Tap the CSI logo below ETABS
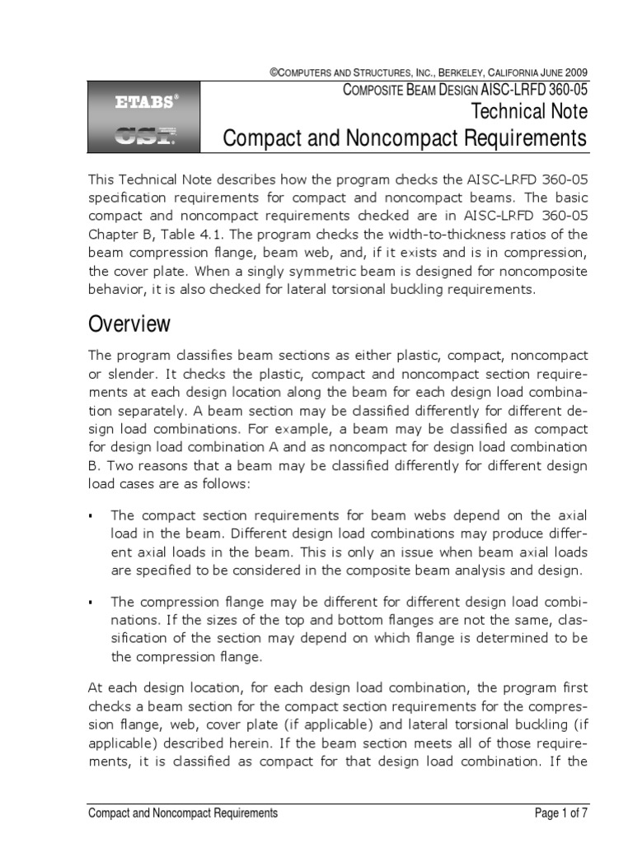tap(145, 135)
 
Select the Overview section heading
tap(129, 324)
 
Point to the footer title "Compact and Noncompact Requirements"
tap(183, 813)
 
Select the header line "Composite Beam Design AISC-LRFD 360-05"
tap(465, 91)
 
